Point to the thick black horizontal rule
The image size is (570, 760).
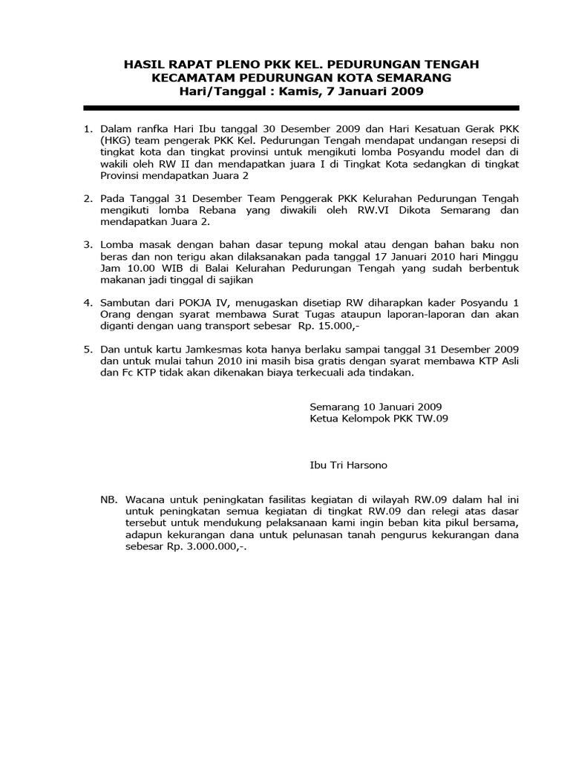(285, 108)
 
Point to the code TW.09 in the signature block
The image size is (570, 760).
(431, 419)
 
